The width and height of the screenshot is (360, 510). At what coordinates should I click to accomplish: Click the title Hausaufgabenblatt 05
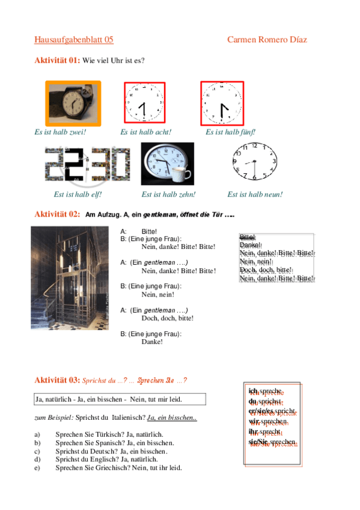click(x=73, y=40)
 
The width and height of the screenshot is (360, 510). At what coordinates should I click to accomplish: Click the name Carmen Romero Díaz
click(x=267, y=40)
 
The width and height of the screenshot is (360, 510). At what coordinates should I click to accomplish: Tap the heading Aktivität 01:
click(x=57, y=60)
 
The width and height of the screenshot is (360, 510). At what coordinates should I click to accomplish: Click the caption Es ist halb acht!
click(x=146, y=132)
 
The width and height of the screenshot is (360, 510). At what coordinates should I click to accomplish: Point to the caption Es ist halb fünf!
click(x=231, y=132)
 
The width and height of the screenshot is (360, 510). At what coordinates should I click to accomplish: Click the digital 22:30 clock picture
click(x=87, y=164)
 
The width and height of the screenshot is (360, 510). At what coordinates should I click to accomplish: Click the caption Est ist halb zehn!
click(x=169, y=194)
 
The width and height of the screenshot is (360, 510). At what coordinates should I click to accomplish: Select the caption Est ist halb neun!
click(x=255, y=194)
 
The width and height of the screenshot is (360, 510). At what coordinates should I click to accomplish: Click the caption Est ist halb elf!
click(x=78, y=194)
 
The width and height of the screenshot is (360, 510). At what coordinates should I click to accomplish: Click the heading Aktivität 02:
click(x=57, y=214)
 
